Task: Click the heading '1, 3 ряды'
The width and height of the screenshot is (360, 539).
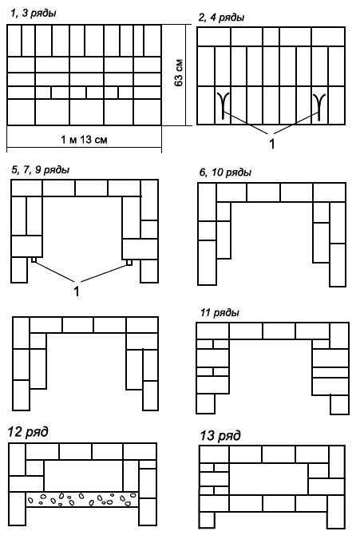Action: [34, 13]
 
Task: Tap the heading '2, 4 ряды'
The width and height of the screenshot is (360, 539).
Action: [221, 18]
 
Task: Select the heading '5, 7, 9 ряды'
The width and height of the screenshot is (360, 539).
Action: [41, 170]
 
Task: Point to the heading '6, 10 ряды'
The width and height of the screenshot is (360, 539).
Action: [225, 172]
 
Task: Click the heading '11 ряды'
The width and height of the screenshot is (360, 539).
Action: [220, 313]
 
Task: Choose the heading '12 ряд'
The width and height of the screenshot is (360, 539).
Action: [28, 432]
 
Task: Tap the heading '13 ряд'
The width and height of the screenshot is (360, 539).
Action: [220, 436]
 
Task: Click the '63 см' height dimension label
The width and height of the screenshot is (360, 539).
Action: [178, 73]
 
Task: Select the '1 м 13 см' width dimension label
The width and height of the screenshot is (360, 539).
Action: [84, 140]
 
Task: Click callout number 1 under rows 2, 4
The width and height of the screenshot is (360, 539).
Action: [271, 144]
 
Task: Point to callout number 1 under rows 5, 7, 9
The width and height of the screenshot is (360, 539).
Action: [77, 291]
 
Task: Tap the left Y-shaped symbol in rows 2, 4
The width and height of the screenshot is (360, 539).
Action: [223, 105]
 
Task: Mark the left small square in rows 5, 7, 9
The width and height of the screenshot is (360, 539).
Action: [34, 260]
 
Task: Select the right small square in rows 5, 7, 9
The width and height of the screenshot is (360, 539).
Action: [129, 262]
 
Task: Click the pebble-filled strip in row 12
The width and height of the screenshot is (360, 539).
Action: [82, 499]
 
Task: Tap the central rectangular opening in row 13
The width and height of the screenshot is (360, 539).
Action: [268, 480]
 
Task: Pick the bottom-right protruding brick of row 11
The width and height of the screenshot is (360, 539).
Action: [339, 404]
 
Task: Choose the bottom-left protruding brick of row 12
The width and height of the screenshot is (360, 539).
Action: [18, 509]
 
